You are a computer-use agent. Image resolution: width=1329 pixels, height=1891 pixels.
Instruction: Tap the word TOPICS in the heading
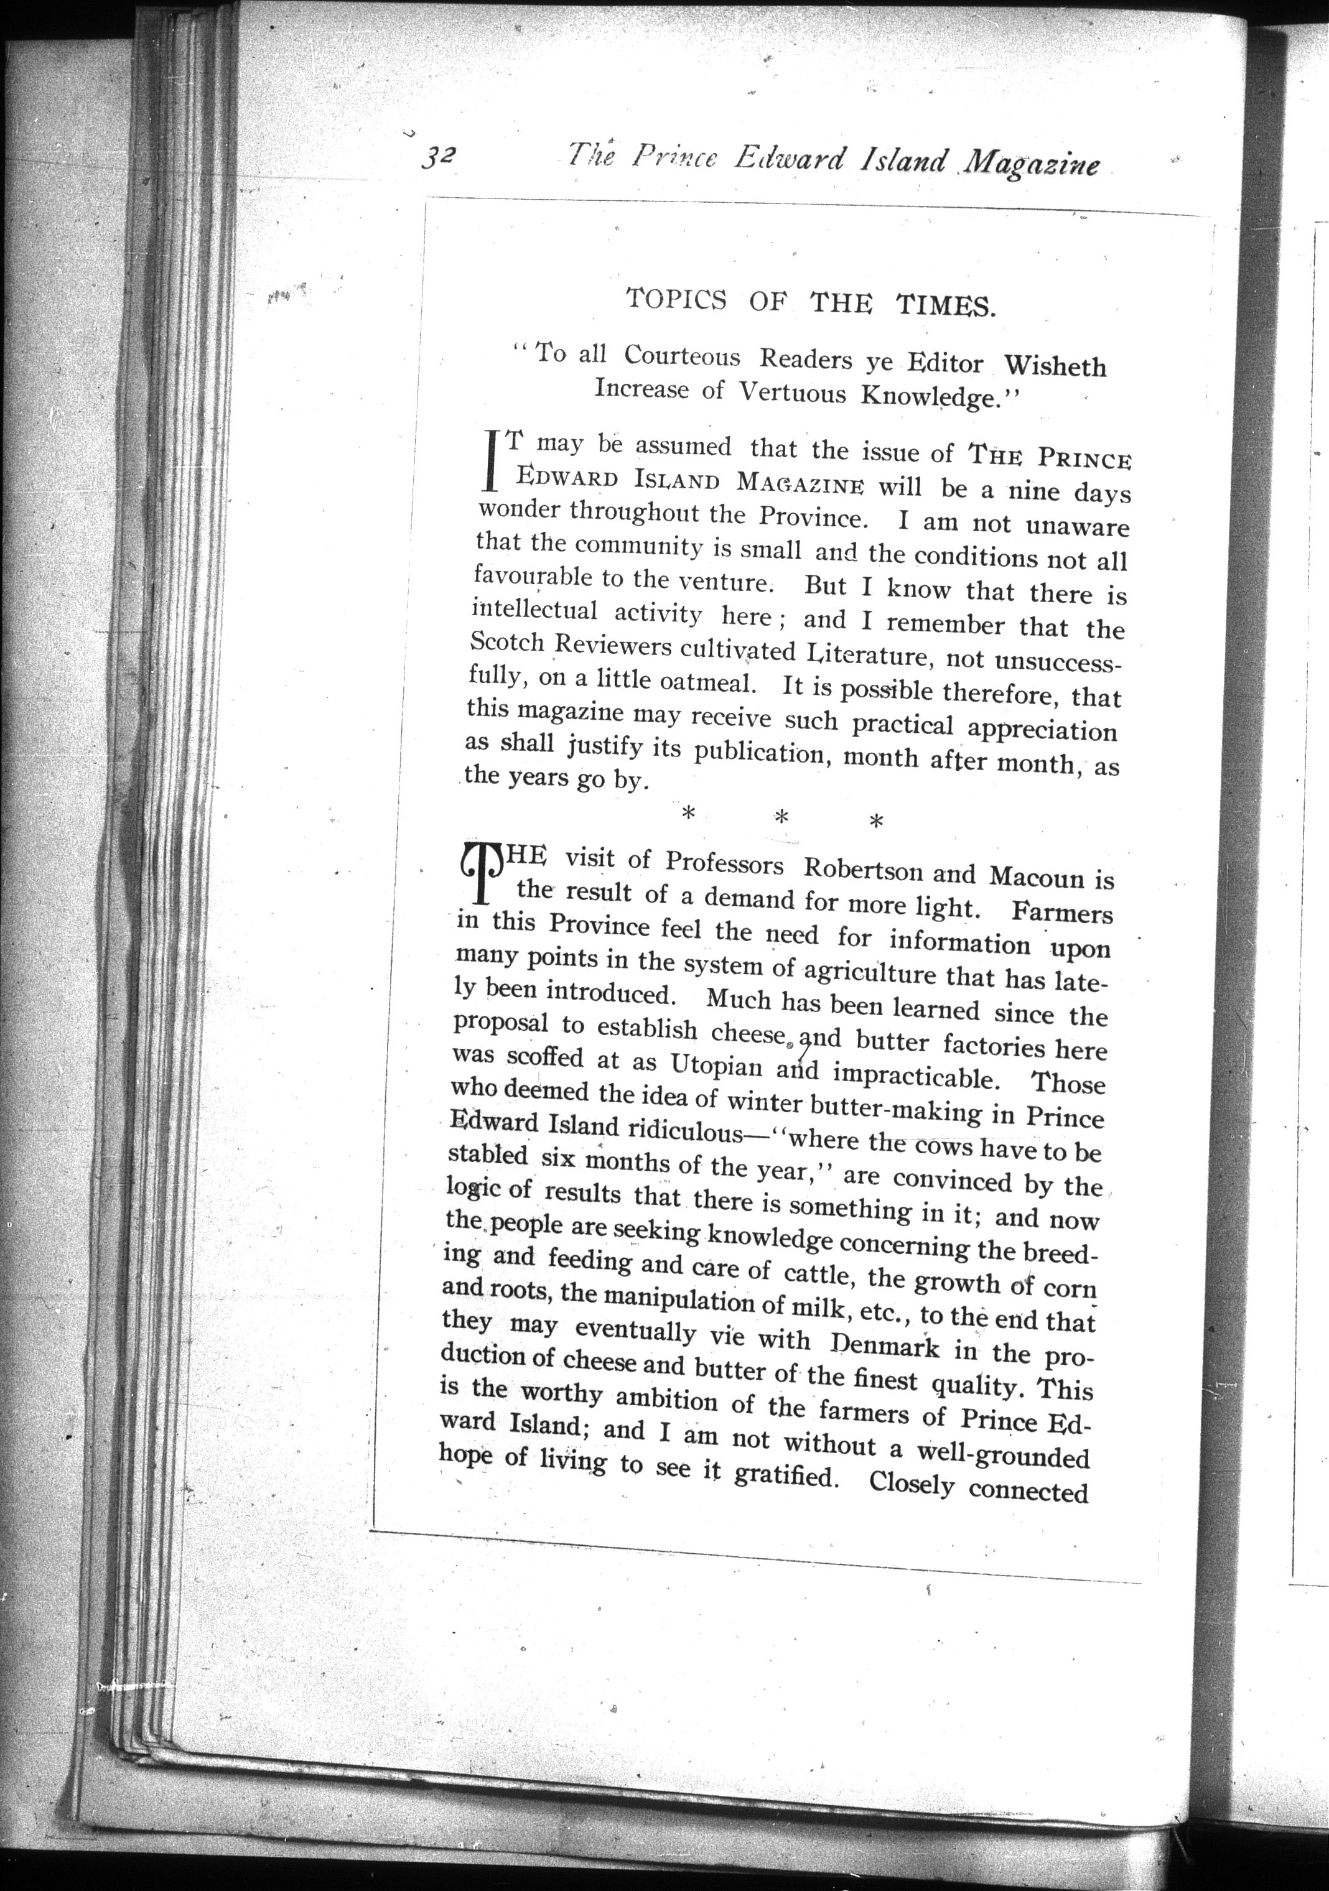tap(676, 298)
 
